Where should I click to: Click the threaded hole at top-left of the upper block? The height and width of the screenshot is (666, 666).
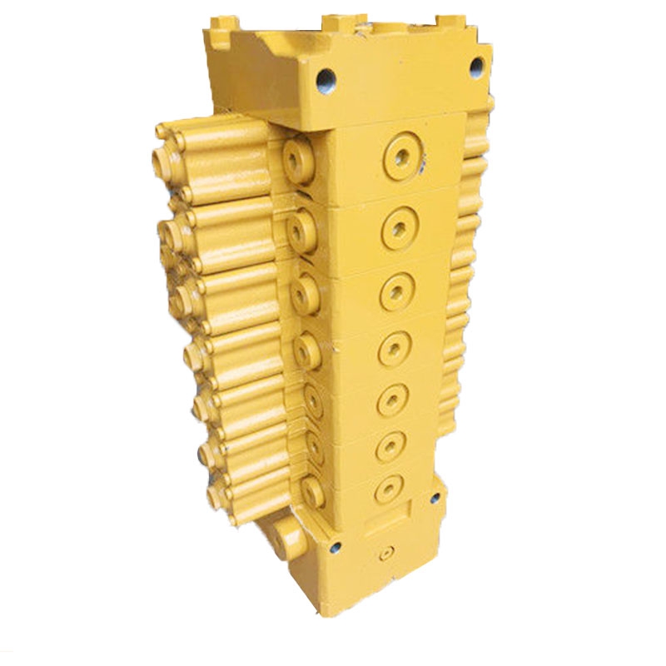[x=323, y=81]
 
